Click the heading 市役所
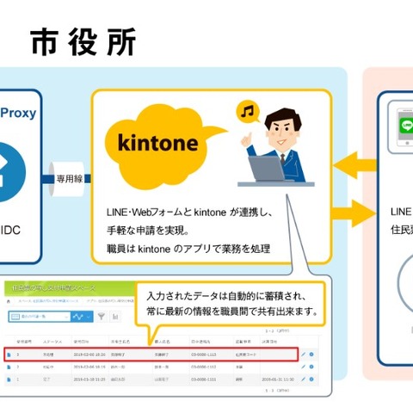tap(83, 40)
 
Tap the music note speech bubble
tap(248, 113)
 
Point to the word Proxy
tap(17, 112)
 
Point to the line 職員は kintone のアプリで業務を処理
tap(185, 249)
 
